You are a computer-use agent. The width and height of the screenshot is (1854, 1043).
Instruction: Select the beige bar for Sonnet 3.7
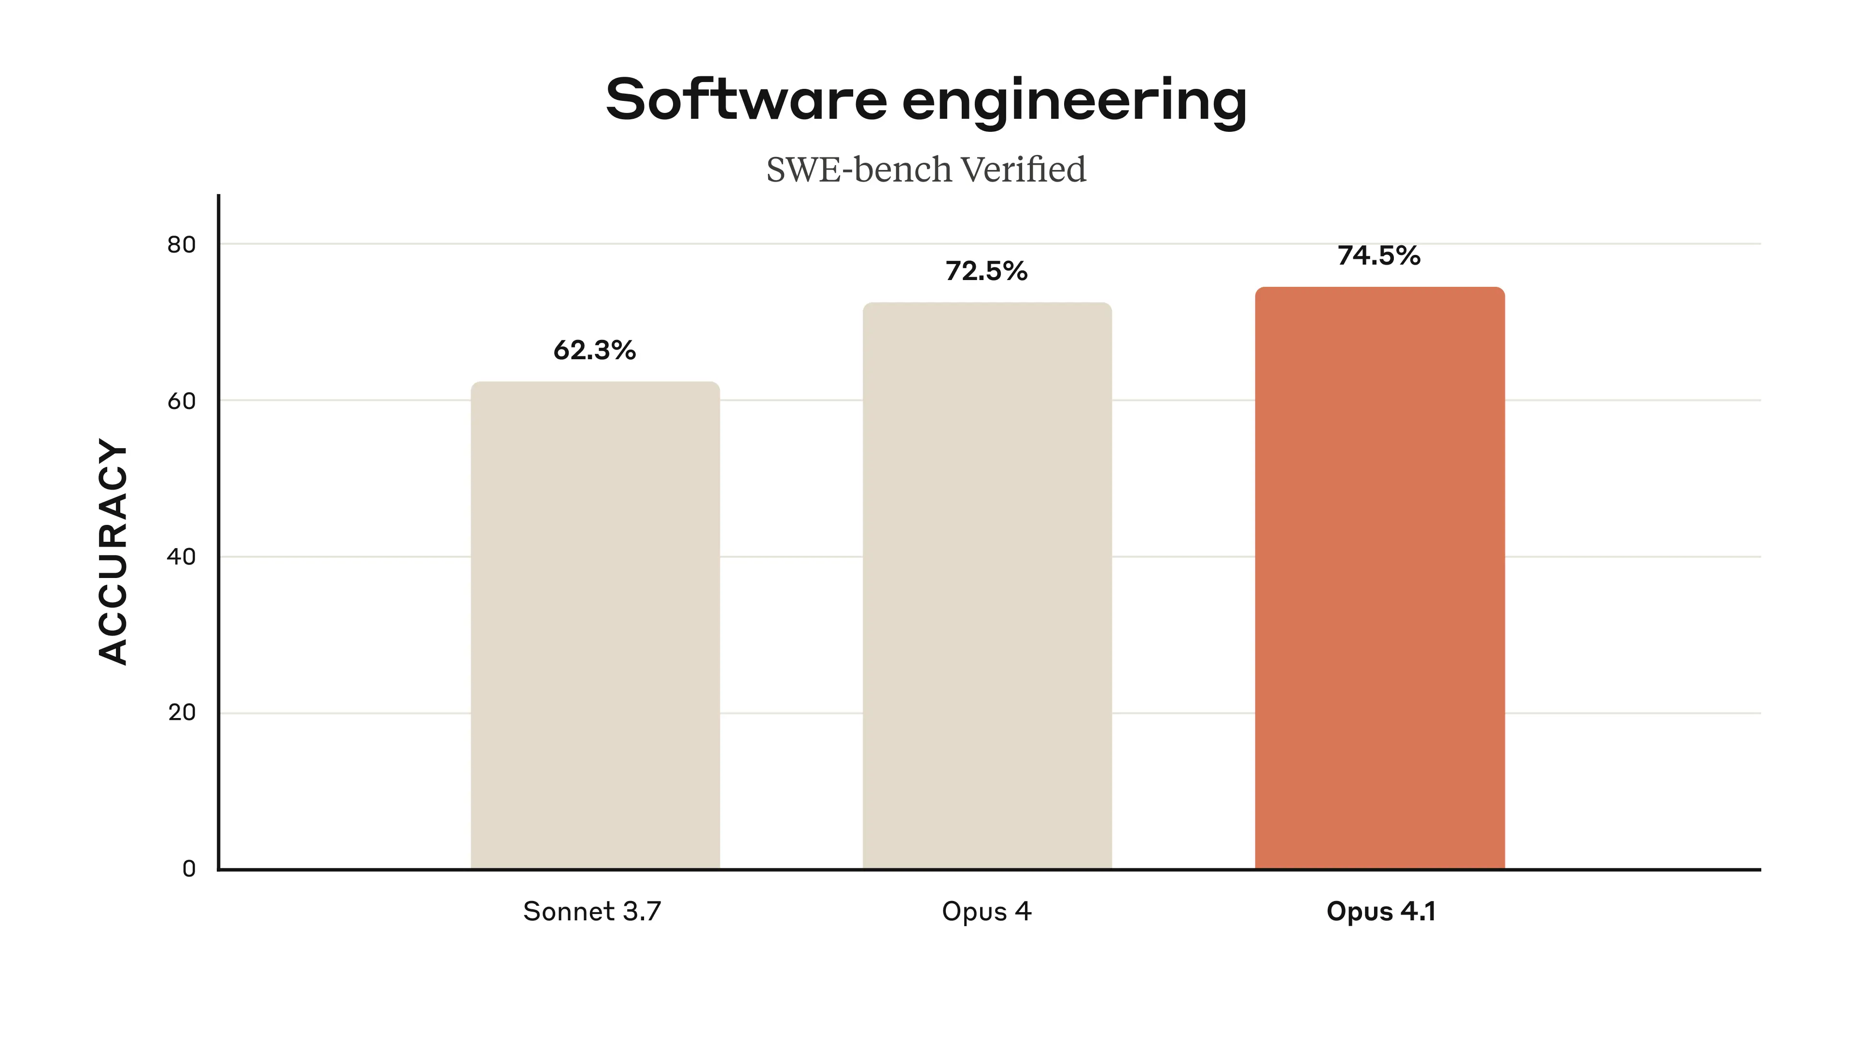click(595, 626)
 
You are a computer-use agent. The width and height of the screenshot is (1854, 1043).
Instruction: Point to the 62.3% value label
click(594, 351)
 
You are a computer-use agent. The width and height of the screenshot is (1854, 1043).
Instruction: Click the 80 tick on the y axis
click(182, 245)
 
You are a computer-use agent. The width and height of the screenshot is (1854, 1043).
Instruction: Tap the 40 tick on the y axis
click(182, 557)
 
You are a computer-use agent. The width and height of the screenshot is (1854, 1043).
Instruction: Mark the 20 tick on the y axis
click(182, 713)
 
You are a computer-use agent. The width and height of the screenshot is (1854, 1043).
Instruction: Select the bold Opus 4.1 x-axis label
click(1380, 912)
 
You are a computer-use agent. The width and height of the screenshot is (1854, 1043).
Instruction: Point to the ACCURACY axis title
click(113, 551)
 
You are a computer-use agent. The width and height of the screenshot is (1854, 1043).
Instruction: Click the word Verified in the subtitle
click(1024, 170)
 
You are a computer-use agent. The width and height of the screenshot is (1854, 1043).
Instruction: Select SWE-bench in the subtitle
click(858, 170)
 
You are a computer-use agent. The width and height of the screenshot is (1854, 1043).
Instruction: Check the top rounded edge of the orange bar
click(1380, 289)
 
